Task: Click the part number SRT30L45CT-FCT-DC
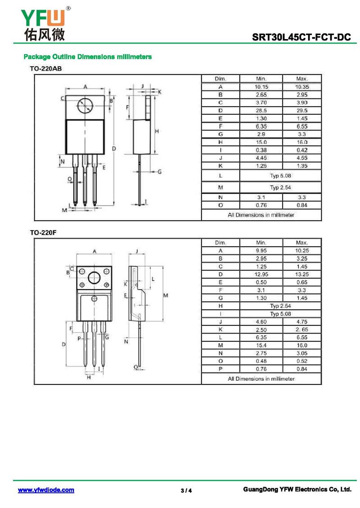click(x=301, y=37)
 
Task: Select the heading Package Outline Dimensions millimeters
click(x=87, y=57)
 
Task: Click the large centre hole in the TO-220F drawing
click(x=94, y=278)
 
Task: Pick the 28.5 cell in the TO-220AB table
click(x=261, y=111)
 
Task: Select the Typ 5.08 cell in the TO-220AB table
click(x=281, y=175)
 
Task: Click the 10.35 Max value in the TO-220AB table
click(x=301, y=87)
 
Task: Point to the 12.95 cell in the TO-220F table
click(x=261, y=274)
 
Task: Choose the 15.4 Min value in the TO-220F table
click(x=261, y=345)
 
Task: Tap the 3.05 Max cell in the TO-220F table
click(x=301, y=353)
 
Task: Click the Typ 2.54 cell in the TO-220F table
click(x=281, y=306)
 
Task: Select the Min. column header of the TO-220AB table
click(x=261, y=79)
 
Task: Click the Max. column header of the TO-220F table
click(x=301, y=243)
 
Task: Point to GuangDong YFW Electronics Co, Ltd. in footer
click(x=297, y=490)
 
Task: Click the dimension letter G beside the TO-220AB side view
click(x=159, y=172)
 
